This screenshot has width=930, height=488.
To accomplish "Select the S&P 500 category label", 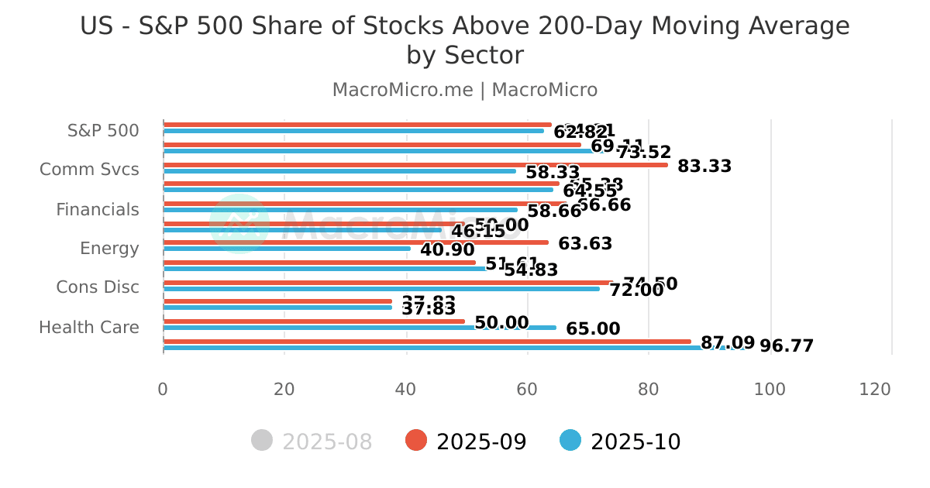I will pos(103,130).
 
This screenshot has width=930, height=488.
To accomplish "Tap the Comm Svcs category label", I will pos(89,170).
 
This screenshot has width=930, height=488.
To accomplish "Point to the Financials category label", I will pos(98,209).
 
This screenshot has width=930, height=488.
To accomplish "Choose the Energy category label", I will pos(109,249).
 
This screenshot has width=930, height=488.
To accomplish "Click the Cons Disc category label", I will pos(98,287).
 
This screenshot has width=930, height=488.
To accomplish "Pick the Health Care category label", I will pos(89,327).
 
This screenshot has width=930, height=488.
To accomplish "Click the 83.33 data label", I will pos(704,166).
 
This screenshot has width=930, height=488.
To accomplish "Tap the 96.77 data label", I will pos(786,346).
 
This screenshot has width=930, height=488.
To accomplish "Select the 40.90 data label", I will pos(447,250).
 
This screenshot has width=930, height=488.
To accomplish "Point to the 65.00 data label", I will pos(593,329).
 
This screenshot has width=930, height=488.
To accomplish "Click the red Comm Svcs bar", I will pos(415,164).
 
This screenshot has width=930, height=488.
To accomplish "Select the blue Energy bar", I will pos(287,249).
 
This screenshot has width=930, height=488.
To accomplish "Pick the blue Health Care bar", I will pos(359,328).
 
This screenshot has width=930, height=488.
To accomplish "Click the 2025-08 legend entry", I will pos(312,442).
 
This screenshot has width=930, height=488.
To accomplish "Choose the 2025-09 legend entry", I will pos(467,442).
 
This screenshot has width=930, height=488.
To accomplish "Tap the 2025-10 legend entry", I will pos(621,442).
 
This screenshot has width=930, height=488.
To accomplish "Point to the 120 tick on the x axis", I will pos(875,389).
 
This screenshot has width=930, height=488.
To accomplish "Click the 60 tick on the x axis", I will pos(527,389).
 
